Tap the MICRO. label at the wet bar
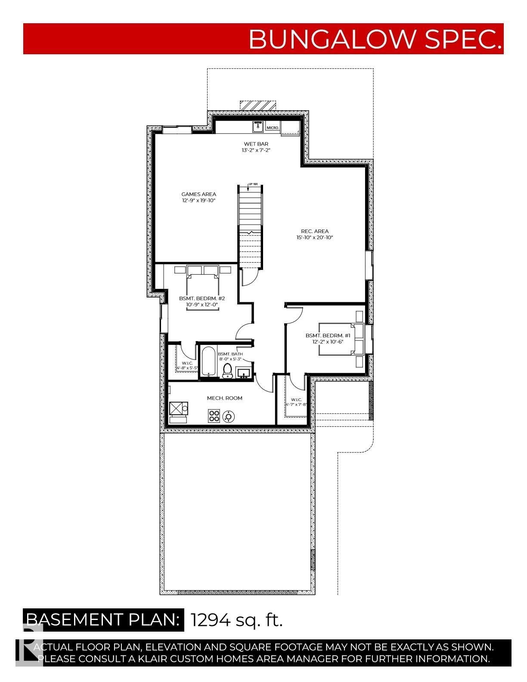(273, 128)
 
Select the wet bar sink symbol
(258, 127)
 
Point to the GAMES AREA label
(198, 194)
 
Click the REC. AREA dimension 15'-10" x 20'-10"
(315, 237)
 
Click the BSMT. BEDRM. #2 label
(202, 298)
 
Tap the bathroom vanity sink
(244, 371)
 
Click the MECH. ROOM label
(224, 398)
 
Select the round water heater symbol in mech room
(228, 416)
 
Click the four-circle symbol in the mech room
(214, 416)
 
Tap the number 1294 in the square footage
(211, 620)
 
